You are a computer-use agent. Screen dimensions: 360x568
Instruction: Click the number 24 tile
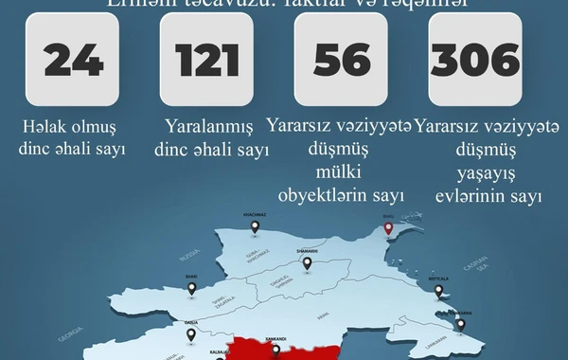pos(73,60)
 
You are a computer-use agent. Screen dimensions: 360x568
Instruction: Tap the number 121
pos(206,60)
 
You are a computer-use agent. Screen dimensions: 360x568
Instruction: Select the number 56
pos(342,60)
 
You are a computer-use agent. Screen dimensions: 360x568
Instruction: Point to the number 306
pos(475,60)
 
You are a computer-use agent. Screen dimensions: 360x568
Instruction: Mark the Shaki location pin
pos(191,287)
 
